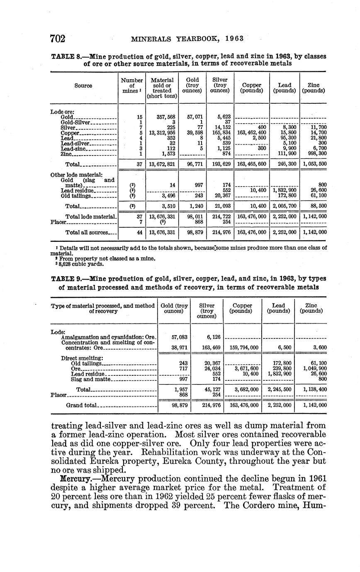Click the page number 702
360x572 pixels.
[58, 39]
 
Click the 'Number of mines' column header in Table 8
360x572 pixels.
[131, 85]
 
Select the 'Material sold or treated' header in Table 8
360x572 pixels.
[162, 88]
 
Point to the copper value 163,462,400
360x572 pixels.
[252, 133]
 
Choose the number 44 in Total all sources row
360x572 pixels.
[140, 232]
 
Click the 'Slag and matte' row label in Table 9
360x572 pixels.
[90, 379]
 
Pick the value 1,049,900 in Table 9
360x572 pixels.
[315, 368]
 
